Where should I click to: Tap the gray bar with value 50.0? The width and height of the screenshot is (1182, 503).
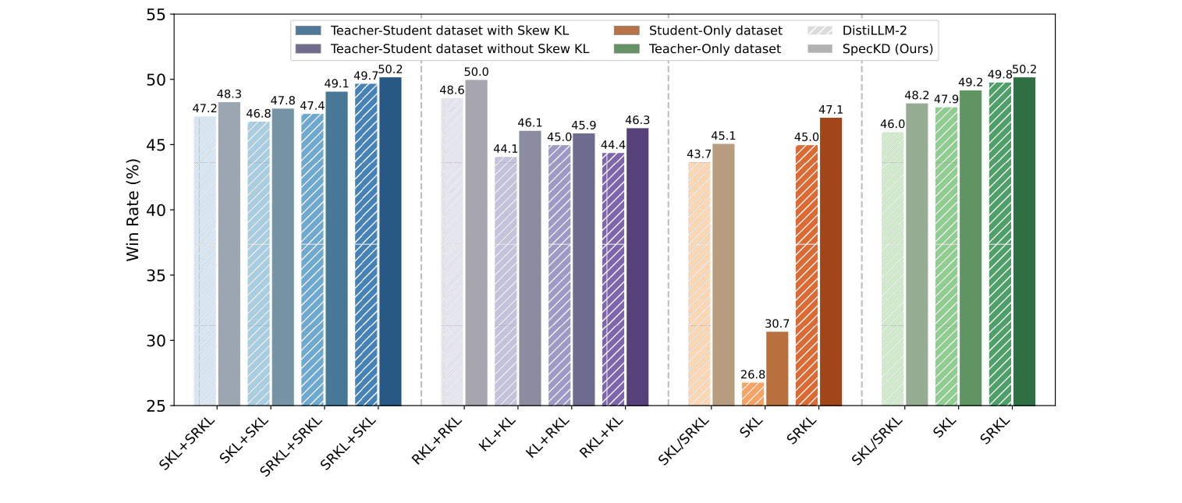click(476, 243)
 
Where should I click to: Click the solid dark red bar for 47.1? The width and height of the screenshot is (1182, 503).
click(830, 261)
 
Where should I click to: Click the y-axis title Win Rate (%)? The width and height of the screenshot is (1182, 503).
click(133, 211)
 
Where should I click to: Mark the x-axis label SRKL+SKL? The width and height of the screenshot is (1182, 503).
click(350, 445)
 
